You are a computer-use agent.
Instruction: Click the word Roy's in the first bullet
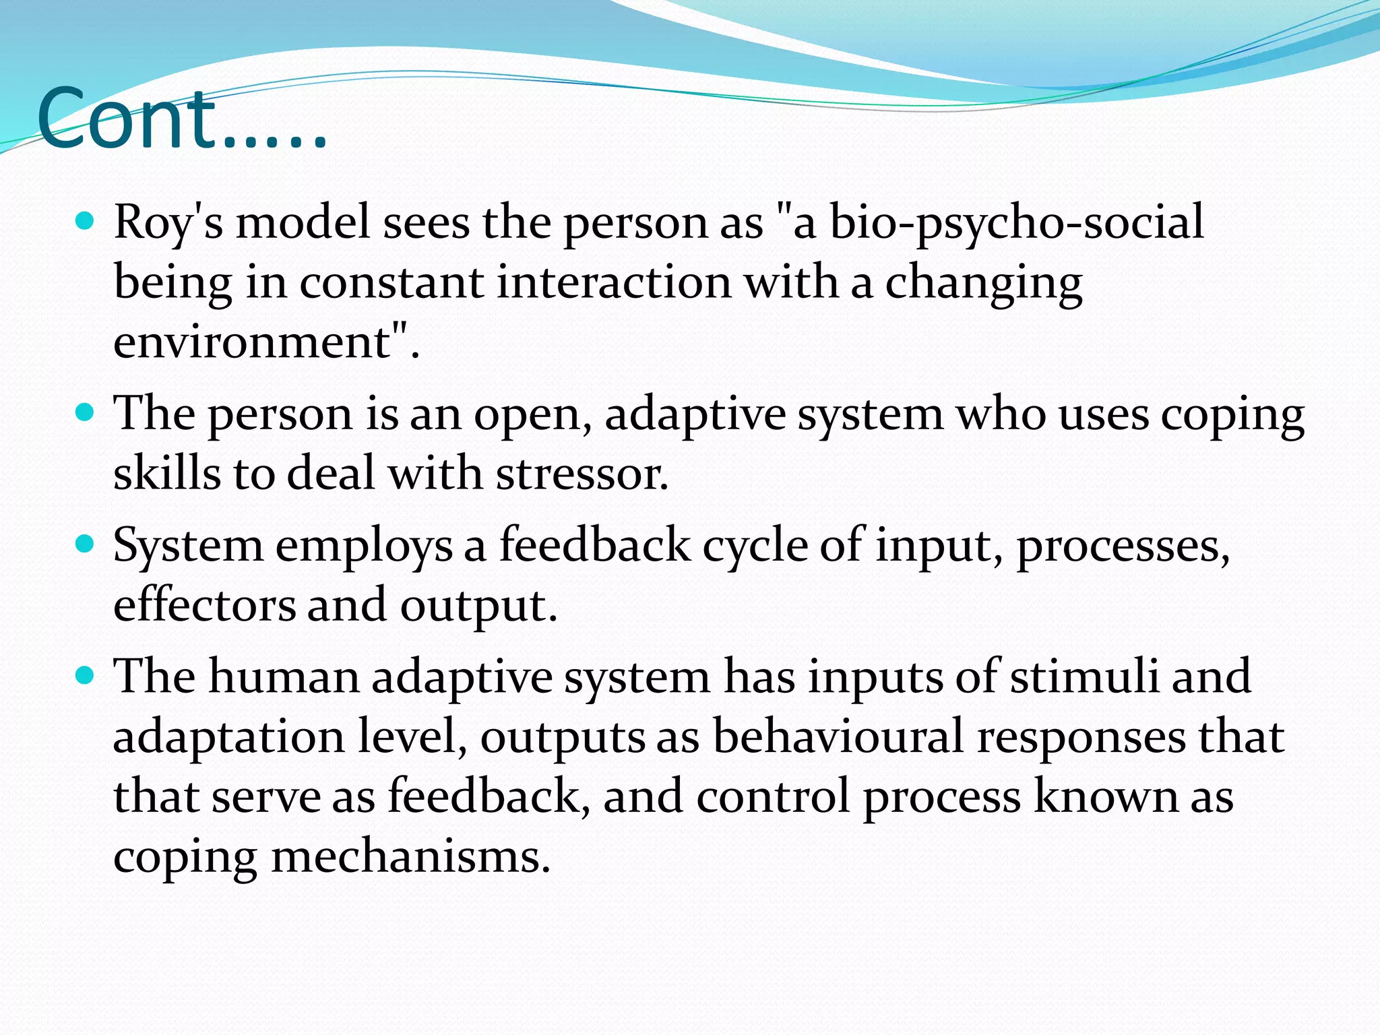[168, 222]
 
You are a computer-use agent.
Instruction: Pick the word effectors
[204, 604]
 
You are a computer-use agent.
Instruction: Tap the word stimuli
[1084, 676]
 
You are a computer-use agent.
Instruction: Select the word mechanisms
[411, 856]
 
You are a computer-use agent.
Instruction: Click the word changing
[983, 283]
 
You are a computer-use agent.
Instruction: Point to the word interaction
[614, 282]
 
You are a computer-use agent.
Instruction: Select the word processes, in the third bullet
[1123, 546]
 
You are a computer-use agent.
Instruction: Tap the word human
[284, 676]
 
